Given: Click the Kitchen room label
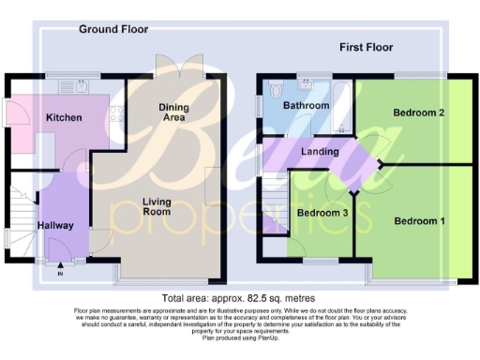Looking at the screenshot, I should [x=64, y=118].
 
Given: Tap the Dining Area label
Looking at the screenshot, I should [x=173, y=112].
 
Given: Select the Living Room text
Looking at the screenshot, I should [x=157, y=206].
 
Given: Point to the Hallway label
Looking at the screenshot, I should [x=55, y=225].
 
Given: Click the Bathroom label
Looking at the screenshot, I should [x=306, y=106].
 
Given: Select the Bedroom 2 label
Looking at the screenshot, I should [x=418, y=113].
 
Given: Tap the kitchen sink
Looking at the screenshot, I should [x=70, y=86].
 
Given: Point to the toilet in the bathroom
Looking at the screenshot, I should [x=274, y=92].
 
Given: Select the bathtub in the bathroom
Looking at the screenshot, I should [x=341, y=105].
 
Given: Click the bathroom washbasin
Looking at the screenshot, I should [x=307, y=84].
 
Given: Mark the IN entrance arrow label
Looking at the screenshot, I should [x=61, y=274].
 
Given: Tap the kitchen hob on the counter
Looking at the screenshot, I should [x=114, y=116].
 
